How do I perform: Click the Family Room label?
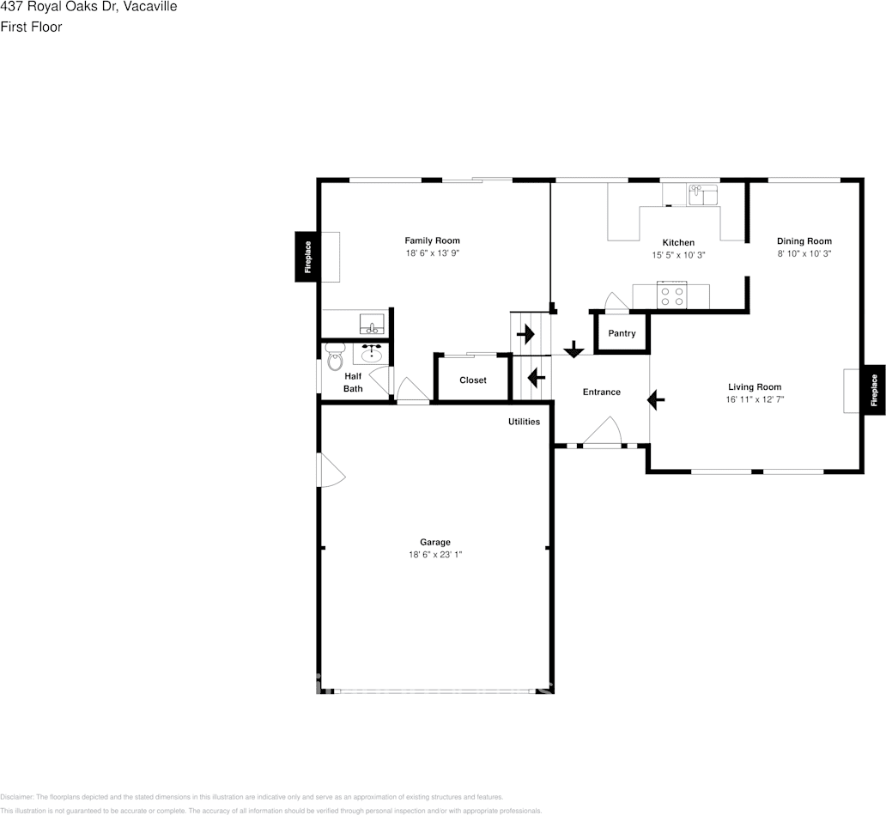pyautogui.click(x=432, y=241)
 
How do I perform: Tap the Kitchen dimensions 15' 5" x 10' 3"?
pyautogui.click(x=678, y=255)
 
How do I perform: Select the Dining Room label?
pyautogui.click(x=804, y=241)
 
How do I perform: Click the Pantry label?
pyautogui.click(x=622, y=333)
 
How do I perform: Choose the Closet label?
pyautogui.click(x=472, y=380)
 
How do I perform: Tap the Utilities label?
pyautogui.click(x=524, y=422)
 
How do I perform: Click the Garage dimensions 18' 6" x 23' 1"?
pyautogui.click(x=435, y=555)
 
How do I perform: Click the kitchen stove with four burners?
pyautogui.click(x=671, y=296)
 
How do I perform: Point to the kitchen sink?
pyautogui.click(x=701, y=195)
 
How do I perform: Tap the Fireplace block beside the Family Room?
pyautogui.click(x=308, y=257)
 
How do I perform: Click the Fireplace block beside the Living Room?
pyautogui.click(x=874, y=389)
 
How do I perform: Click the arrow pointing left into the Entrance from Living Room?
pyautogui.click(x=657, y=399)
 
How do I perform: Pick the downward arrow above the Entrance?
pyautogui.click(x=573, y=350)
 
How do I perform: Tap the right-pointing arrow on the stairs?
pyautogui.click(x=525, y=335)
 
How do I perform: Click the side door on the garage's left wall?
pyautogui.click(x=329, y=471)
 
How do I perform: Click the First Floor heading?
pyautogui.click(x=31, y=27)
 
